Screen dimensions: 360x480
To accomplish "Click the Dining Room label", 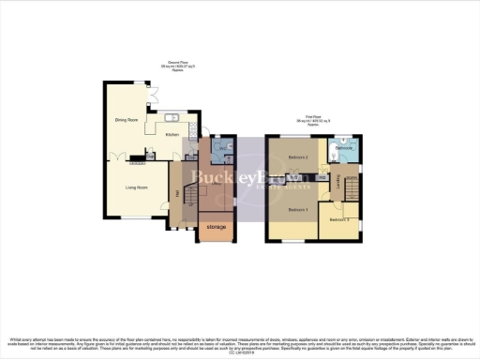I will [127, 121].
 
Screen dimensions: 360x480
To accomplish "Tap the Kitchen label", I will [172, 134].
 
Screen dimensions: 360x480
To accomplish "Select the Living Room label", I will [137, 187].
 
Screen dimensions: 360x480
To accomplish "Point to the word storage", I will [216, 228].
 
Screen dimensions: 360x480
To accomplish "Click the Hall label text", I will [177, 194].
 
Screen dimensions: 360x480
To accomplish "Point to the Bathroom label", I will [345, 148].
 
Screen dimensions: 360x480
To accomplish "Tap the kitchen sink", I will [174, 118].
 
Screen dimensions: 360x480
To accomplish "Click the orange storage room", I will [216, 230].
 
